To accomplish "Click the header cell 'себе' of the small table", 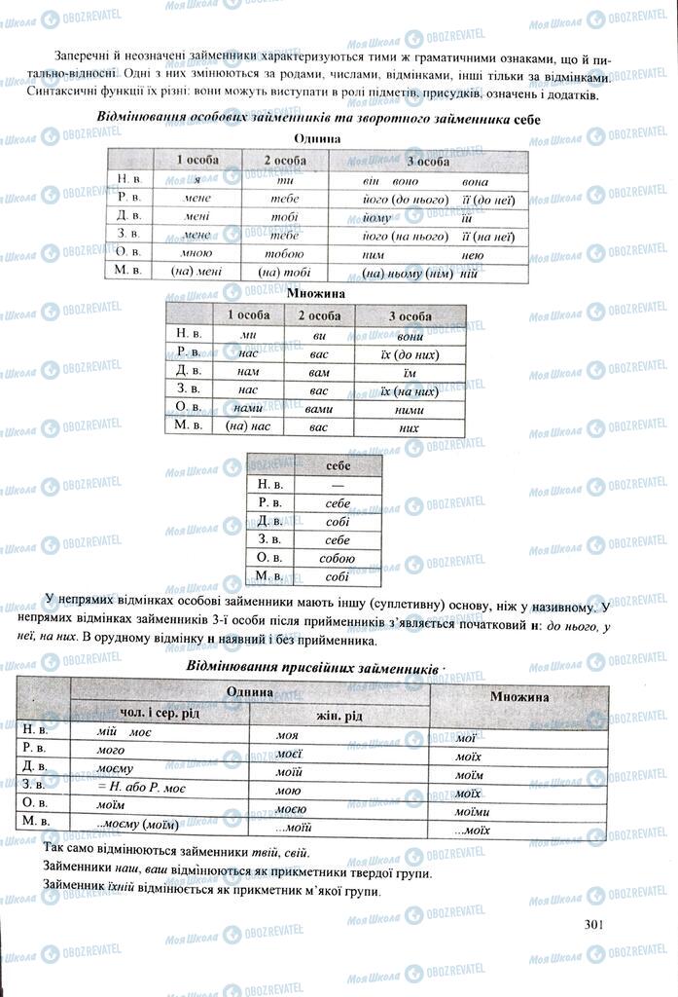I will click(x=338, y=465).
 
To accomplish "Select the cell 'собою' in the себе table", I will click(x=338, y=558).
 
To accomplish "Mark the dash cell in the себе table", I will click(x=338, y=484).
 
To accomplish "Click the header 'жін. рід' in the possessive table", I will click(x=339, y=716).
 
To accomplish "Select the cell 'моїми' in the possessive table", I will click(x=472, y=811).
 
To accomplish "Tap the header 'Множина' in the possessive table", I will click(x=518, y=696).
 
